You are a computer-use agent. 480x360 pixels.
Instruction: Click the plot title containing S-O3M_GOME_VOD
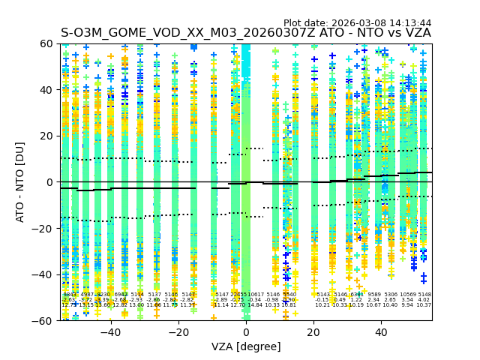(x=246, y=33)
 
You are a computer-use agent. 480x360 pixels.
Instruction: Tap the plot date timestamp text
(x=357, y=23)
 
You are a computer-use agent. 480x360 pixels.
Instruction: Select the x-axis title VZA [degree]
(x=246, y=346)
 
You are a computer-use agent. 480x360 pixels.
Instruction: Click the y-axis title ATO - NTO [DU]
(x=20, y=182)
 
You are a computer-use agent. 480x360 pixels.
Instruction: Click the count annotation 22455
(x=238, y=295)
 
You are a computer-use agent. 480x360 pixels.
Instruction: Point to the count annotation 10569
(x=407, y=295)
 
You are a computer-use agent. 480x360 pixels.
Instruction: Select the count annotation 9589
(x=373, y=295)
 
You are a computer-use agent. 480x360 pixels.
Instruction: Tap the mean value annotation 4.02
(x=424, y=300)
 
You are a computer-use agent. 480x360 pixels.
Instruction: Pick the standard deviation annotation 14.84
(x=255, y=305)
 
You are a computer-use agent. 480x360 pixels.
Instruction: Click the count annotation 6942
(x=120, y=295)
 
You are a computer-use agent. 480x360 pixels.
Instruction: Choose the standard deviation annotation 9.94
(x=407, y=305)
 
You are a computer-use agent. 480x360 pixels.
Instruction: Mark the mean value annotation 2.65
(x=390, y=300)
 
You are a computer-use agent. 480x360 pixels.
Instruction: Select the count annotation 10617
(x=256, y=295)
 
